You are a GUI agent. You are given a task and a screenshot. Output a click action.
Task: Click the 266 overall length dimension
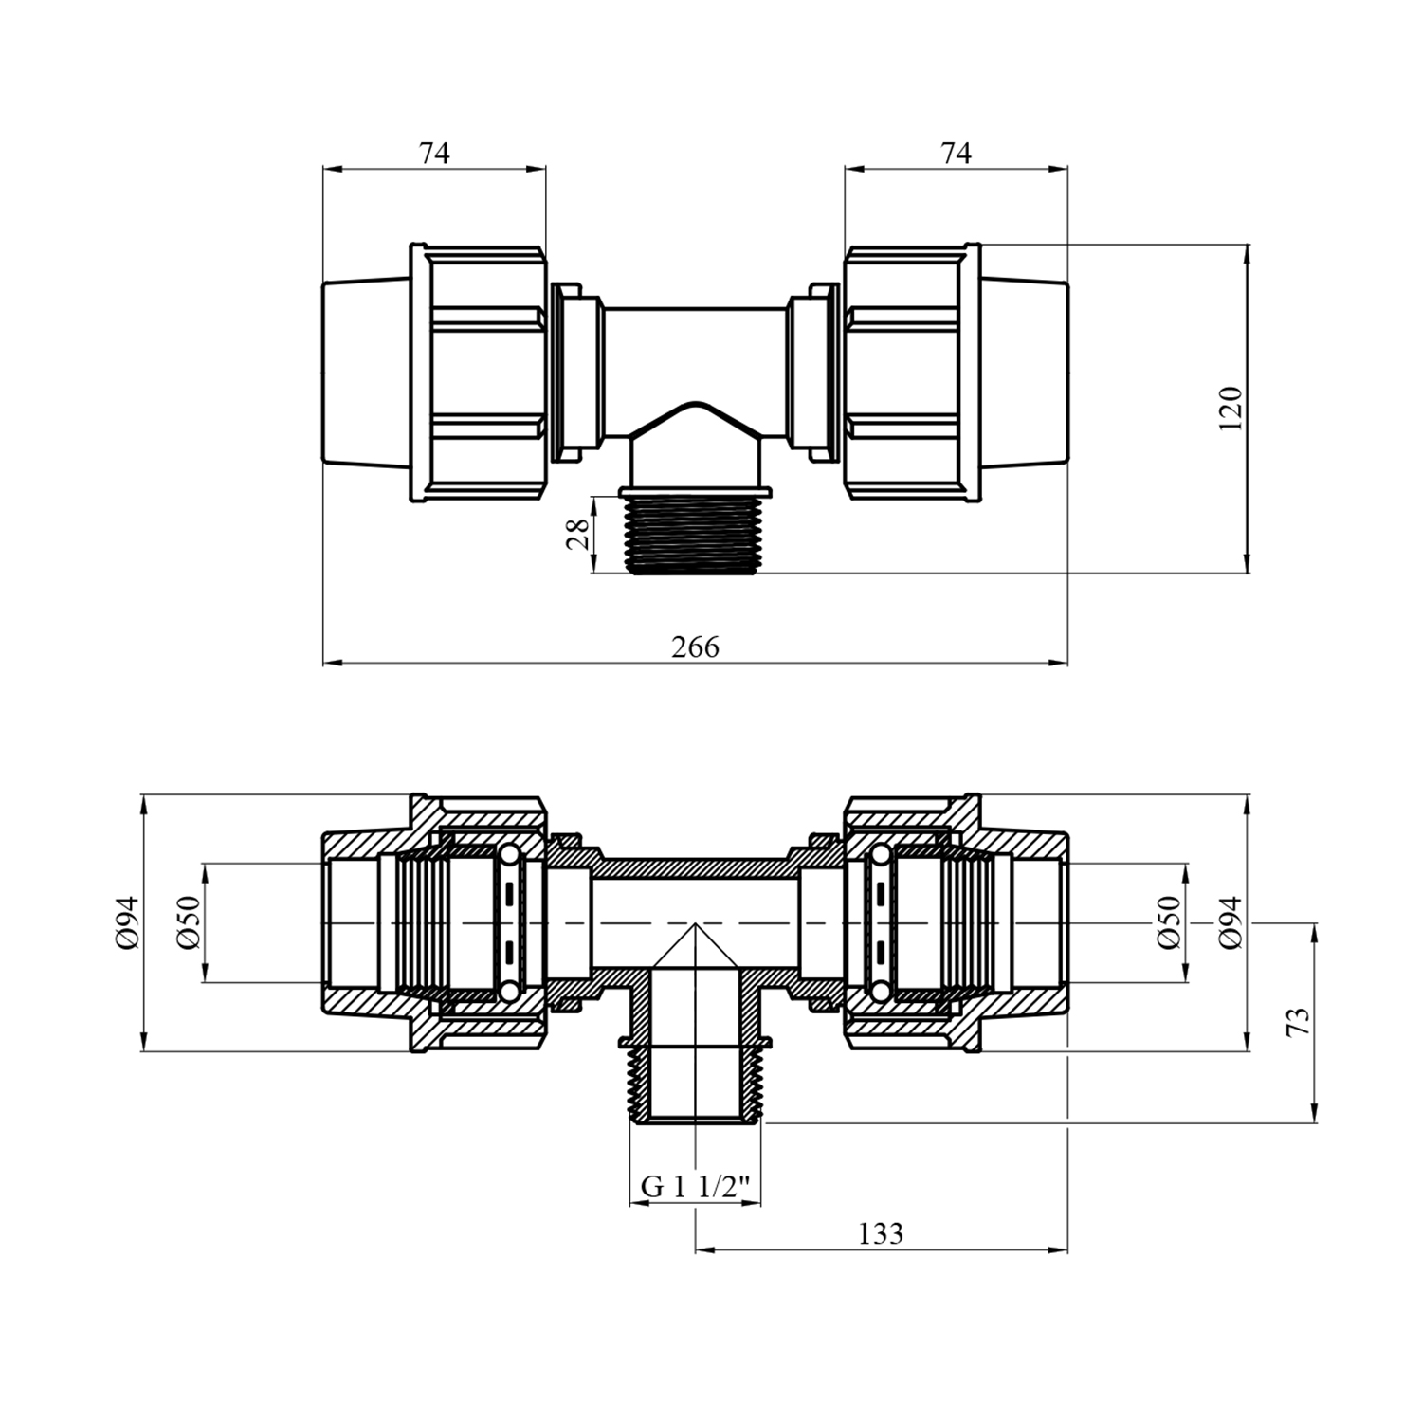696,647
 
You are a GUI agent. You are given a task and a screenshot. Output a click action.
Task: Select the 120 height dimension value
1230,409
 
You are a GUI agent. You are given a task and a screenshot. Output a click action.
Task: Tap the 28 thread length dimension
577,536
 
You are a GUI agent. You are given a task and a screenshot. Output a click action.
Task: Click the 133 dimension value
881,1233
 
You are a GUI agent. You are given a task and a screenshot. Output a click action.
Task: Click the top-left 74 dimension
434,153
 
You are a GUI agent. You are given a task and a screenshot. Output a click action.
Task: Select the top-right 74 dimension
957,153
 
